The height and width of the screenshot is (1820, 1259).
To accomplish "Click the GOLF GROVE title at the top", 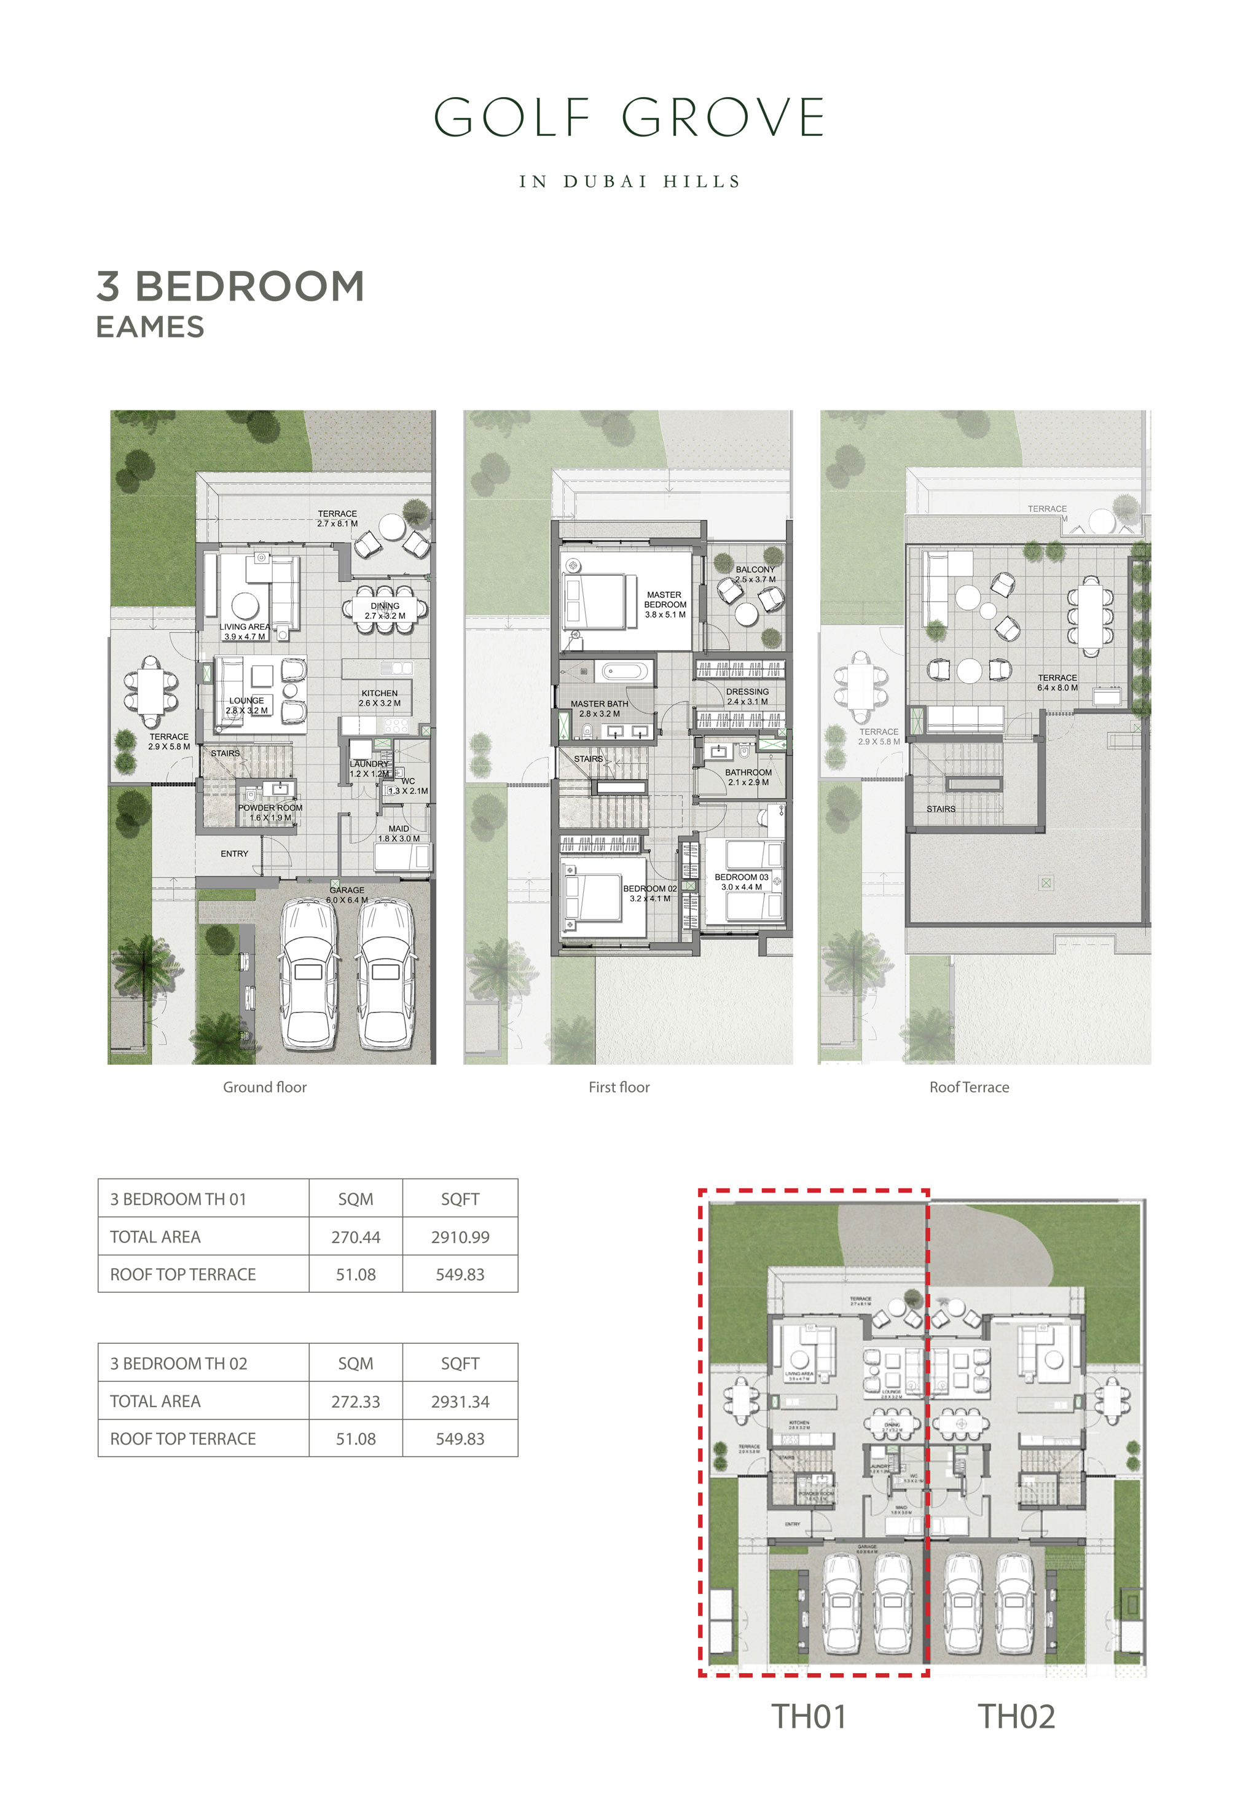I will coord(629,119).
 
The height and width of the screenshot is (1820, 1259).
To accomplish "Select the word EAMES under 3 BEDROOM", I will coord(150,328).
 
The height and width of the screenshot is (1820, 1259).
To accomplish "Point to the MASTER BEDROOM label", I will coord(664,604).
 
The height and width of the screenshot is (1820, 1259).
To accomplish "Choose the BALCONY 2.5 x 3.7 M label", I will coord(755,573).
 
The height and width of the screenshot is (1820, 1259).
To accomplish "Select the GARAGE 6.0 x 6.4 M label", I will coord(347,895).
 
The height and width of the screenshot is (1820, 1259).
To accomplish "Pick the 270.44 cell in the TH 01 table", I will coord(355,1237).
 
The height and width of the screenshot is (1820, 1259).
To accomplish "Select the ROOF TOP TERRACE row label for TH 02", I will coord(183,1439).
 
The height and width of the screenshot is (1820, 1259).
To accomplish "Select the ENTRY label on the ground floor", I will coord(234,853).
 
